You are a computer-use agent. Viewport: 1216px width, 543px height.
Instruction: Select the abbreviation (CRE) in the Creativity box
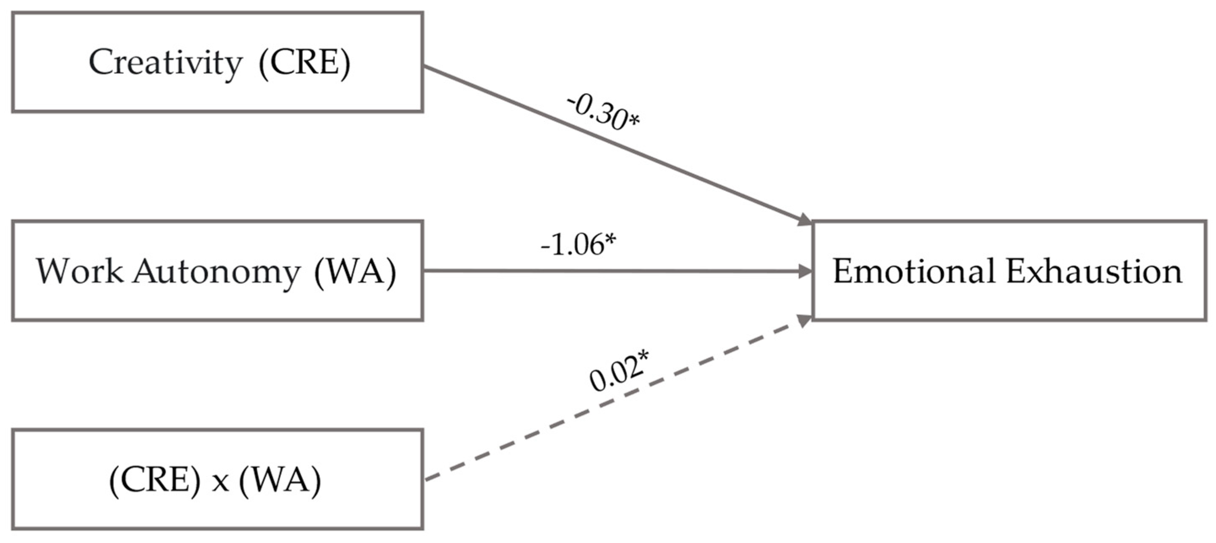305,63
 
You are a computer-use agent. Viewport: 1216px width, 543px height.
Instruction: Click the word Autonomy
216,273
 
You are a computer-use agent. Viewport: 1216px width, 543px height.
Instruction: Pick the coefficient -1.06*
578,245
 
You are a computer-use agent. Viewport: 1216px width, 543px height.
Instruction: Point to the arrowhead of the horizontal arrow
805,271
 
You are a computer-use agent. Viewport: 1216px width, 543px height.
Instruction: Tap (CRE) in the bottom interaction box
155,481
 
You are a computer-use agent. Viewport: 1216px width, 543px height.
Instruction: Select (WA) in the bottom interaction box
280,481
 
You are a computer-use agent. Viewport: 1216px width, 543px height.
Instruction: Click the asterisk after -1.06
611,239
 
